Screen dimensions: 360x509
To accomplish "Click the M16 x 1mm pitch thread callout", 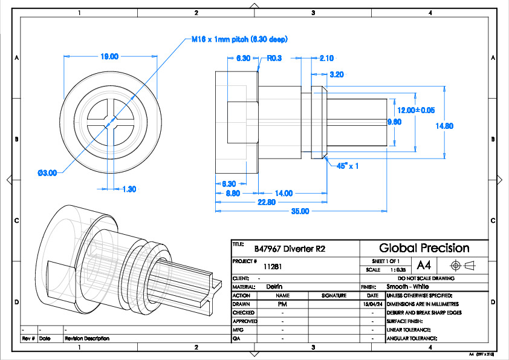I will [x=239, y=39].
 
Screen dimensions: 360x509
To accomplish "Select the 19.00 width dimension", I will [x=109, y=56].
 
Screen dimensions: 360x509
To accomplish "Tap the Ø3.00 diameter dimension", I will [x=47, y=172].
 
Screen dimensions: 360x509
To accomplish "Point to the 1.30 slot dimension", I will [x=129, y=189].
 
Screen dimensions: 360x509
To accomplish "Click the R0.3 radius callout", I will [x=275, y=58].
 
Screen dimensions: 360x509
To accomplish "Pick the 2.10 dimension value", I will [x=326, y=58].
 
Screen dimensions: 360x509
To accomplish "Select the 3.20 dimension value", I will [x=337, y=74].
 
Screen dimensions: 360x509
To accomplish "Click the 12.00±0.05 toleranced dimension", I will [x=416, y=110].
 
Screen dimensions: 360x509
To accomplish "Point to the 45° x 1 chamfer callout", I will [x=348, y=166].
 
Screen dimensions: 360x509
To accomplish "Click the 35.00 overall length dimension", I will [x=300, y=211].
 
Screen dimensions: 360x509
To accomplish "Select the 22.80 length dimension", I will [x=267, y=202].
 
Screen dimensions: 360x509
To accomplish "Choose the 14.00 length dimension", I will [x=284, y=193].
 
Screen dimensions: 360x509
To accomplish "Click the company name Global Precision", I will [x=424, y=247].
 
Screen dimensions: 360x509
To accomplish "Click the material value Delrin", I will [x=274, y=286].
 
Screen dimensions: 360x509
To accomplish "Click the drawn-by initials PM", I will [x=282, y=304].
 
